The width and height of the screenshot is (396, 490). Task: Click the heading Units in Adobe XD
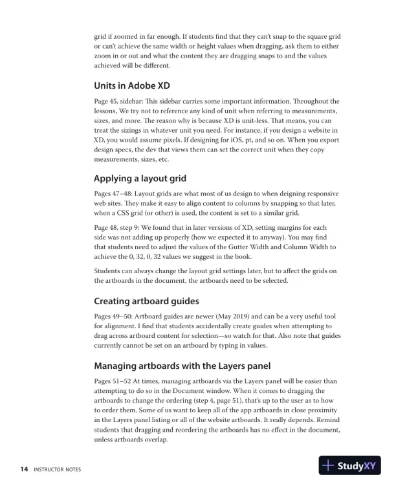point(132,87)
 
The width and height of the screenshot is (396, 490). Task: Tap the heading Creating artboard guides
point(146,301)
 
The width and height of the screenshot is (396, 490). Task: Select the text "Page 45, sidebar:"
point(123,102)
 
